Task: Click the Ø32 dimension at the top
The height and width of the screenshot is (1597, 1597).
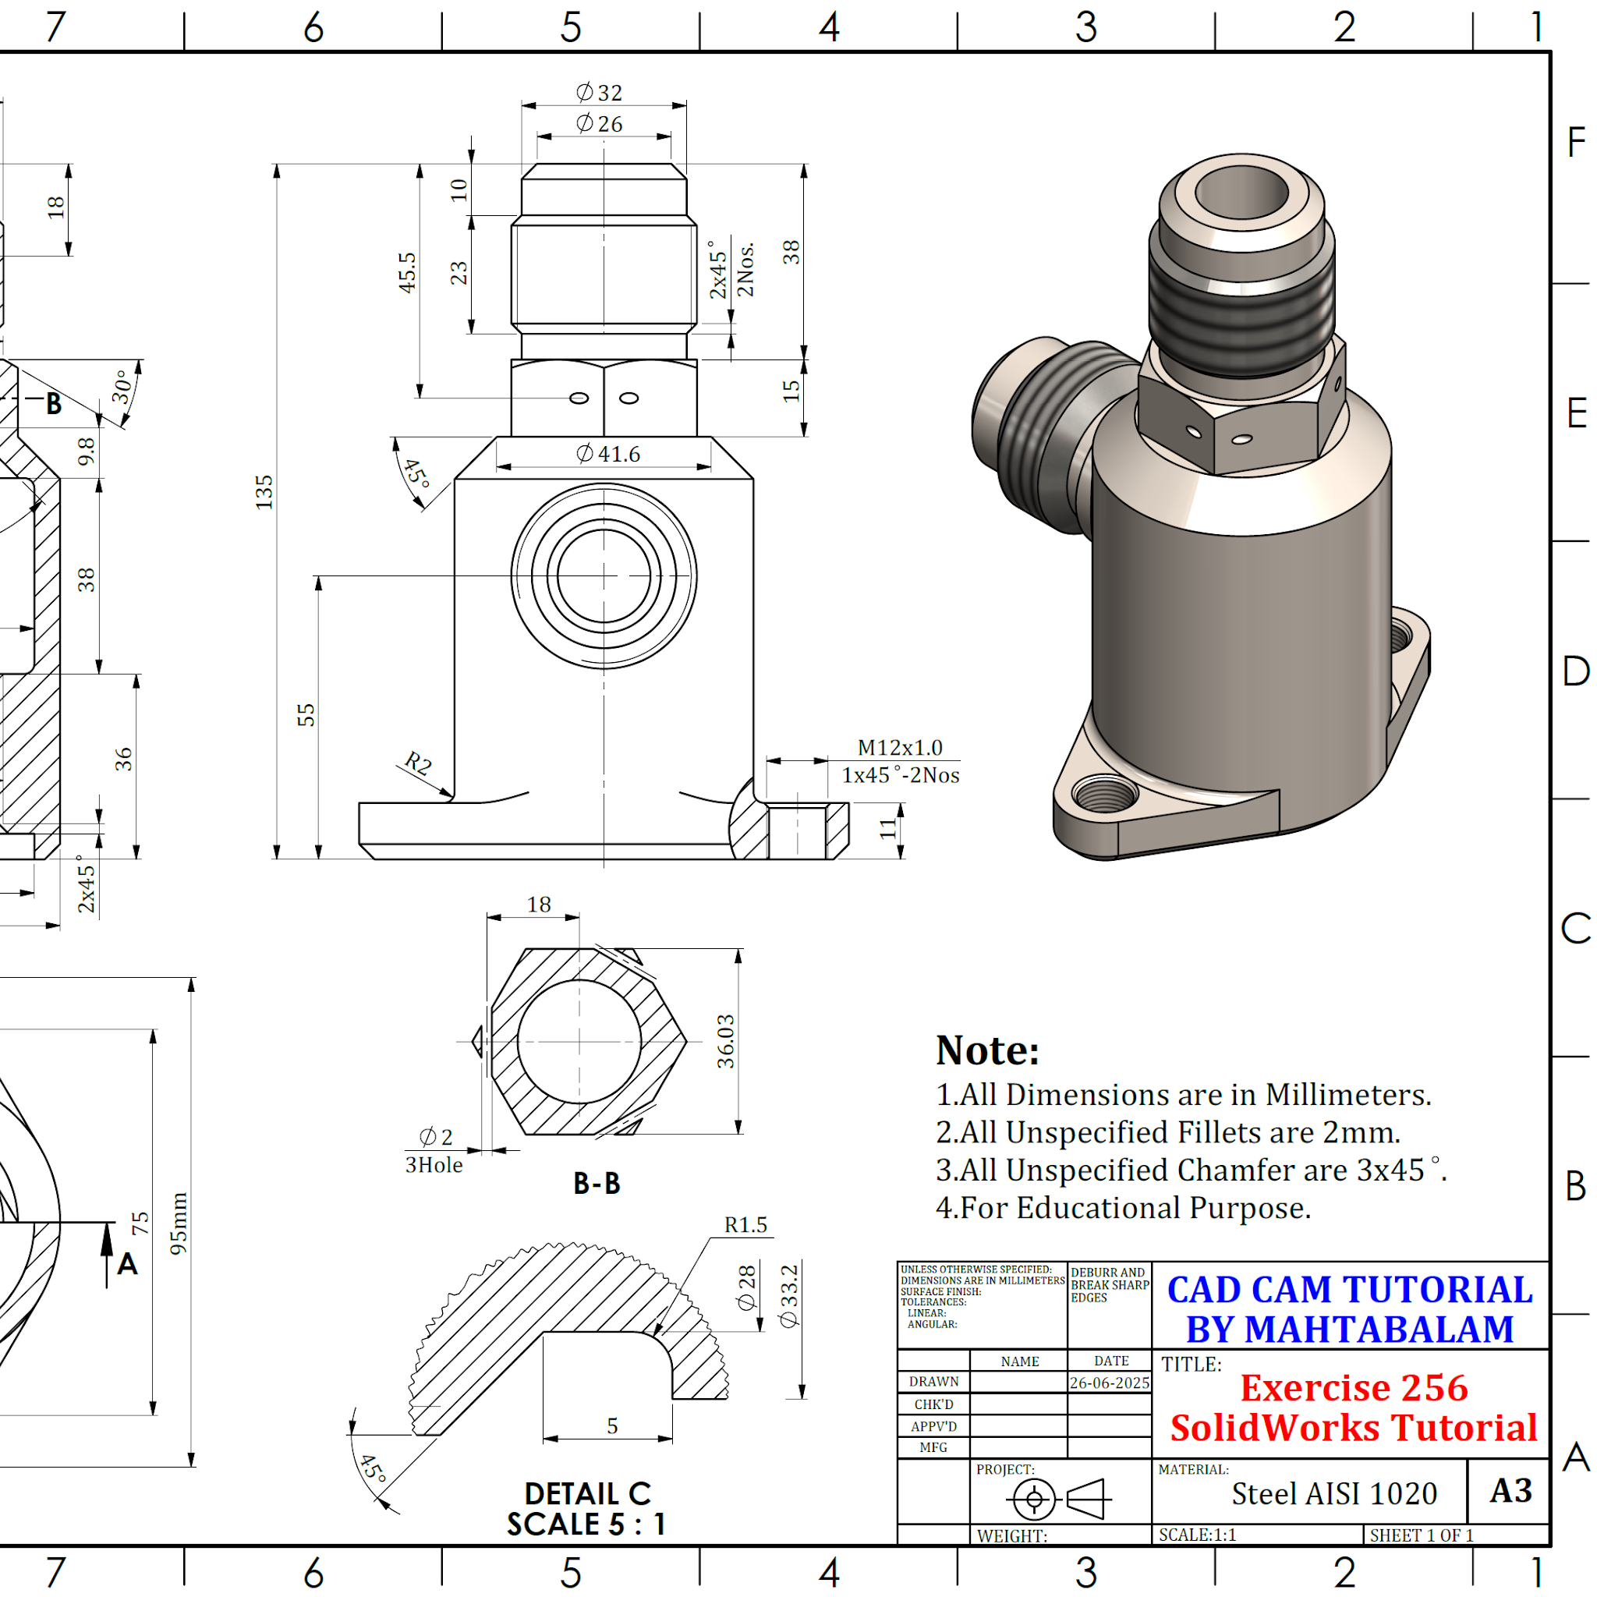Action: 600,93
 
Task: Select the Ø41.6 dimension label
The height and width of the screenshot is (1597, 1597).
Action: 608,454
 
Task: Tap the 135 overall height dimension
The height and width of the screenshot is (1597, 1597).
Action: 264,492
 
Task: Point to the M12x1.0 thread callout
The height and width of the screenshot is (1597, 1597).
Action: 900,747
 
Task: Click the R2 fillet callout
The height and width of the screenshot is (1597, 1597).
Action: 418,763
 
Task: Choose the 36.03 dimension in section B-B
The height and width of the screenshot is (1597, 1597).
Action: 725,1042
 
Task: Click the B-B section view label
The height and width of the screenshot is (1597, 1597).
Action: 597,1184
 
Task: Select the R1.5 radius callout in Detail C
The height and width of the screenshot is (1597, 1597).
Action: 745,1224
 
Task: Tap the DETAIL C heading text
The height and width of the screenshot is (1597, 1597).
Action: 588,1493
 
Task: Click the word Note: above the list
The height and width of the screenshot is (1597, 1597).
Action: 987,1050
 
